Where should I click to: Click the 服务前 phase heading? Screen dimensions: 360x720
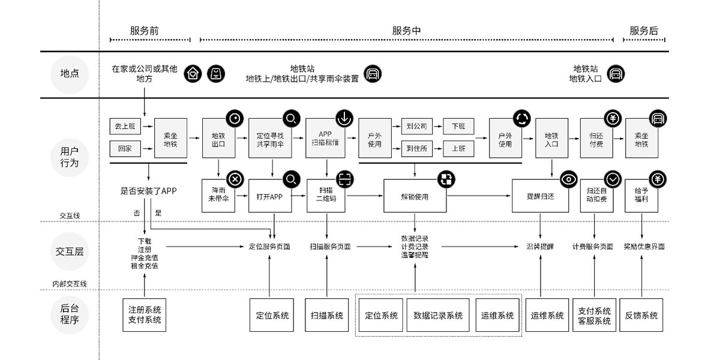(144, 31)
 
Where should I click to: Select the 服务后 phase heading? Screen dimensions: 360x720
(643, 31)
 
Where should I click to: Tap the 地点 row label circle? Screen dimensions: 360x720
(70, 74)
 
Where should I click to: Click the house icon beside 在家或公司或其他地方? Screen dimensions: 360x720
(192, 74)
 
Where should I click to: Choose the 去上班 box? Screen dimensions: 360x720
(125, 127)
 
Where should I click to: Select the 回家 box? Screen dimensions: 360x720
(125, 148)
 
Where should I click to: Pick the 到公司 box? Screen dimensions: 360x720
(416, 127)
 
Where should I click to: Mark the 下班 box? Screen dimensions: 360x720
(458, 127)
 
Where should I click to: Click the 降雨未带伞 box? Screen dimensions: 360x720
(218, 195)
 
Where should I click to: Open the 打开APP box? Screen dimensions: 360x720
(269, 195)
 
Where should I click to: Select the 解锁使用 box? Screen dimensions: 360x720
(415, 195)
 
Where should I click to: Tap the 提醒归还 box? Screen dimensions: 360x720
(540, 195)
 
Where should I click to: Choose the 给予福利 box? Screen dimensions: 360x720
(641, 195)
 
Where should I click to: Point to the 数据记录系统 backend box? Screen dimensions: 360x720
(438, 315)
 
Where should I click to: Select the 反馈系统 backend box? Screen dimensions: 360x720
(641, 315)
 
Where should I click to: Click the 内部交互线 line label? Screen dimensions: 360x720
(70, 284)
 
